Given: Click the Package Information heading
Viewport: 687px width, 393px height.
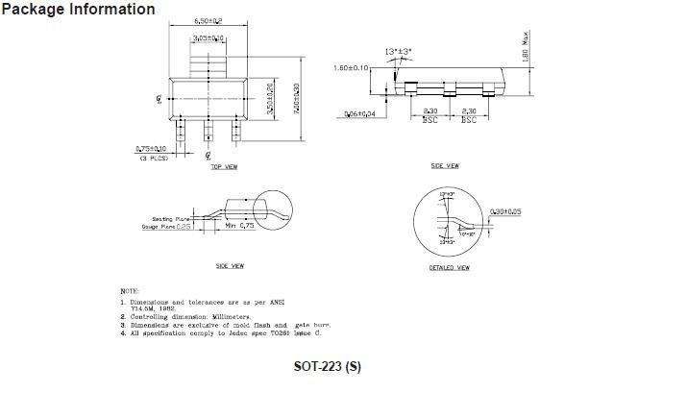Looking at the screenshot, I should pyautogui.click(x=78, y=10).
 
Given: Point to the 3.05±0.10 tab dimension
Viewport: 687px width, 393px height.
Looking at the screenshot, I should pyautogui.click(x=209, y=38).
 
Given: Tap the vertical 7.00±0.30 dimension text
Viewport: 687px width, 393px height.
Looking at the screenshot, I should pyautogui.click(x=297, y=98).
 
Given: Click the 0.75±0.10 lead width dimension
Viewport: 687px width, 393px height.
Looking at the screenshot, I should pyautogui.click(x=151, y=149).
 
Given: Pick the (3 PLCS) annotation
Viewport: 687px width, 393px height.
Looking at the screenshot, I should pyautogui.click(x=154, y=158).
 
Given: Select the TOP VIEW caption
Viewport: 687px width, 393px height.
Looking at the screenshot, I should pyautogui.click(x=224, y=167).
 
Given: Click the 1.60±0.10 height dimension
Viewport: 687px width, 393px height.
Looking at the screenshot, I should pyautogui.click(x=351, y=68).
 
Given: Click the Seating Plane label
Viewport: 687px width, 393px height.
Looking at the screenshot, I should pyautogui.click(x=169, y=219).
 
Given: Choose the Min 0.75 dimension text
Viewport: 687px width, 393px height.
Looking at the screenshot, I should pyautogui.click(x=239, y=227).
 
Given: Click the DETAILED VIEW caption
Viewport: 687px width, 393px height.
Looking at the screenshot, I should pyautogui.click(x=449, y=267).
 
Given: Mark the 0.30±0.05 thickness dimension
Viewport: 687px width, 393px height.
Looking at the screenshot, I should pyautogui.click(x=506, y=211).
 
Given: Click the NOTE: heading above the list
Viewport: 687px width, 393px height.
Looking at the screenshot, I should pyautogui.click(x=129, y=290).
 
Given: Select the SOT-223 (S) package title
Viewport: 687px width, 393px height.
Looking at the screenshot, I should pyautogui.click(x=328, y=366).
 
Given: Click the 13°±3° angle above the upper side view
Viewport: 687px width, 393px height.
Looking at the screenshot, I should pyautogui.click(x=398, y=52).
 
